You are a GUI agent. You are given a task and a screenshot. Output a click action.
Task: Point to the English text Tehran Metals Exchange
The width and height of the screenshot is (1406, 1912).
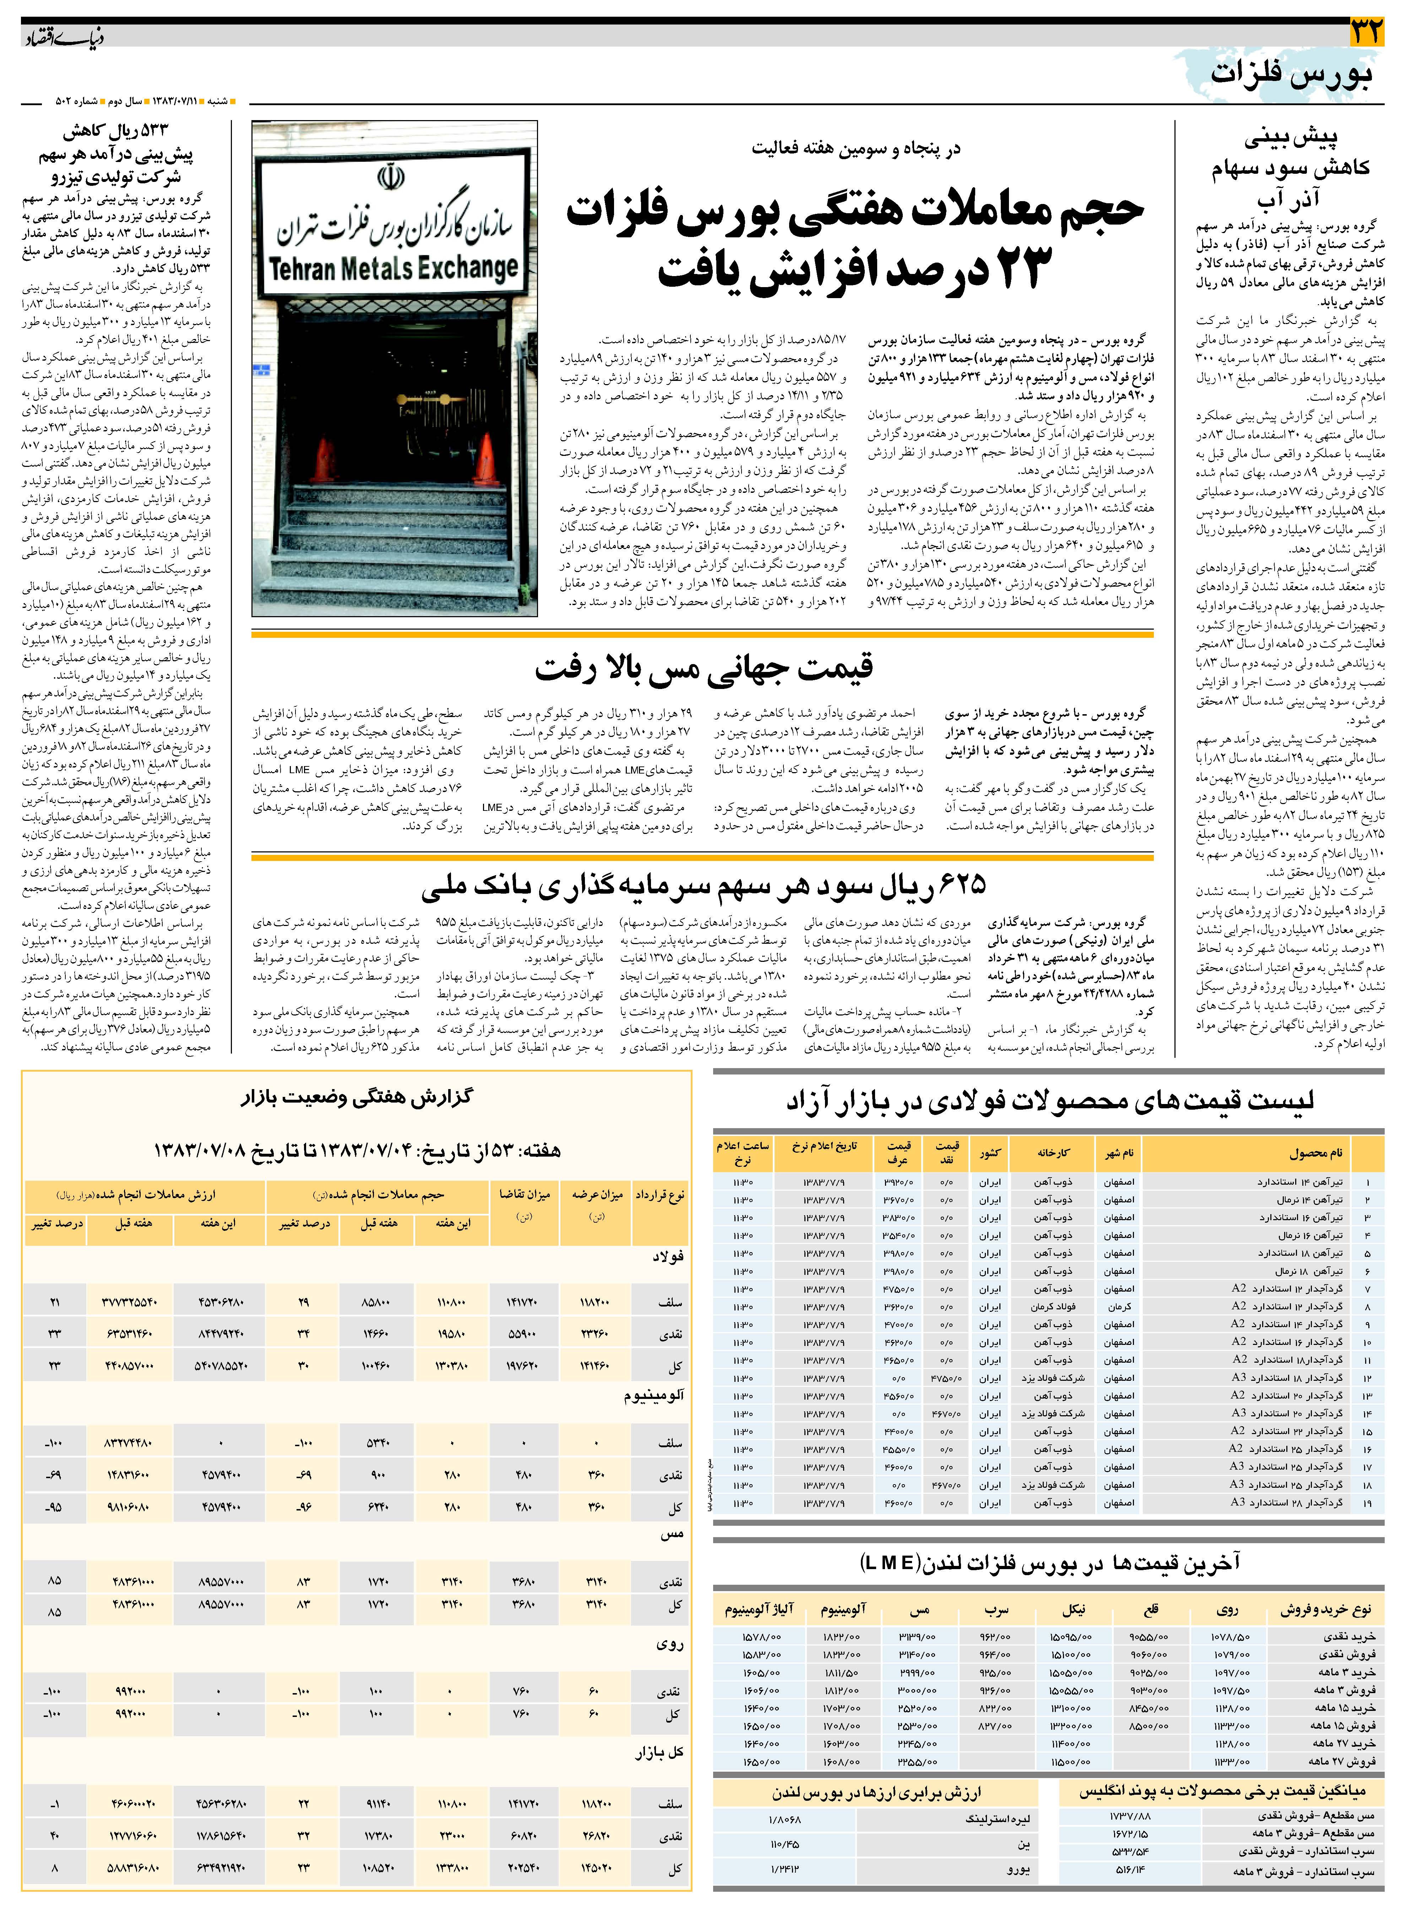(393, 269)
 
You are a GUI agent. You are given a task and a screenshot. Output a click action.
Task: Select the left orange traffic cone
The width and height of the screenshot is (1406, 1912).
(325, 461)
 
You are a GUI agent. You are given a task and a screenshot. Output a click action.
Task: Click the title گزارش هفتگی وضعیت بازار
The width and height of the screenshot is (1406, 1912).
(356, 1098)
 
